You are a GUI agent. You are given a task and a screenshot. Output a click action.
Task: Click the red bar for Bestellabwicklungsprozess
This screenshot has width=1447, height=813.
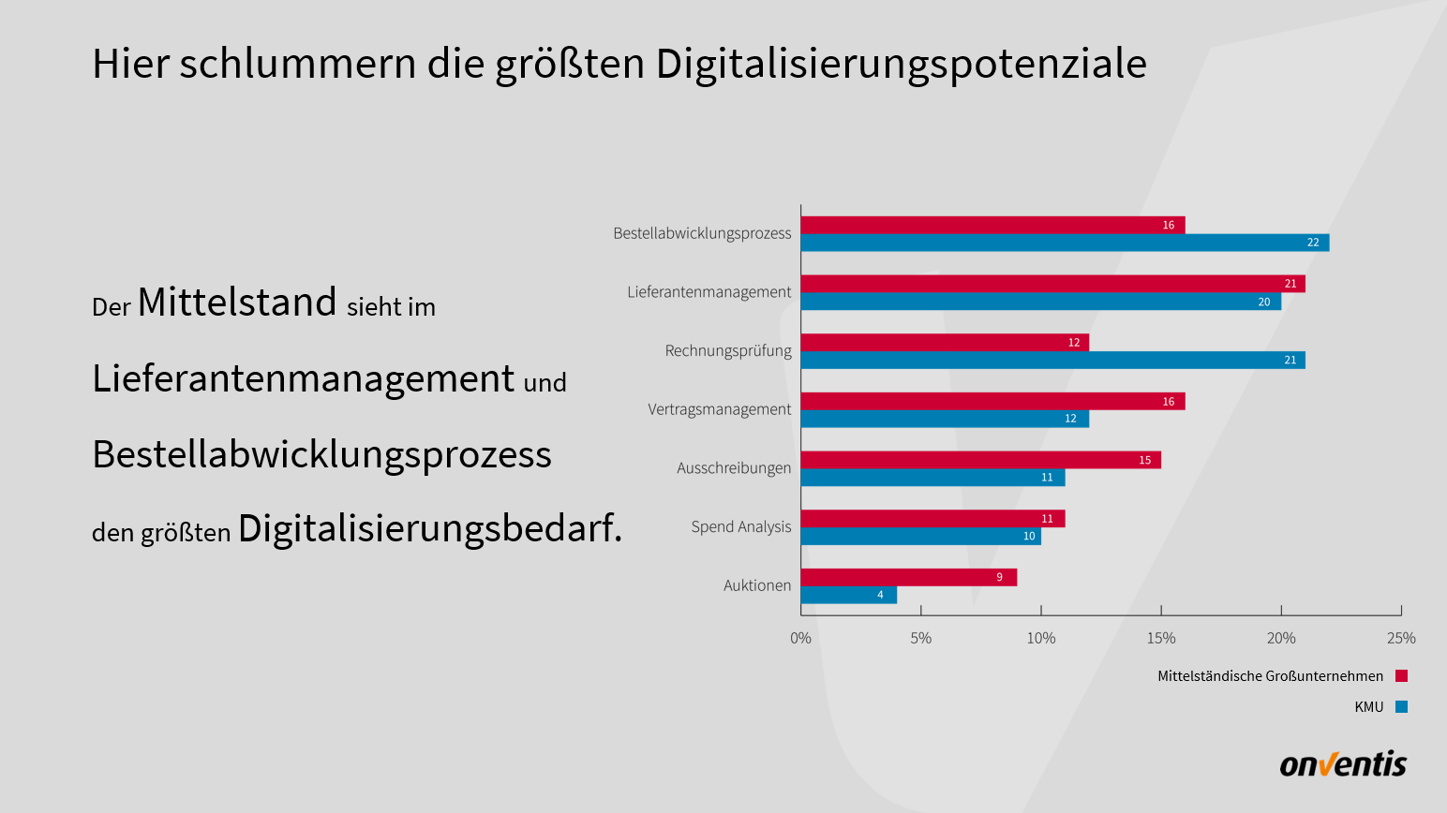[992, 225]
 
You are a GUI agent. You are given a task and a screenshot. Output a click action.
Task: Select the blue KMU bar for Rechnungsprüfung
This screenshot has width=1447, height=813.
[1052, 360]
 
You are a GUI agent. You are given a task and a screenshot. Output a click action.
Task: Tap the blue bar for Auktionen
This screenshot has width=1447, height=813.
[848, 595]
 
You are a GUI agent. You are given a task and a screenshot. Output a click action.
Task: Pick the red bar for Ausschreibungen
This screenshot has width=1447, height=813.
[980, 460]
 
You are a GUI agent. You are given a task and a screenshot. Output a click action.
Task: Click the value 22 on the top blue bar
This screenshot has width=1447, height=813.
[1313, 243]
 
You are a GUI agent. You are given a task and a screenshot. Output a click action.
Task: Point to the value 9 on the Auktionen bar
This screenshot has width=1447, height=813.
[999, 577]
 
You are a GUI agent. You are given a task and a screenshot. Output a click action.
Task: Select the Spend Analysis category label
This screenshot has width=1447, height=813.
[741, 526]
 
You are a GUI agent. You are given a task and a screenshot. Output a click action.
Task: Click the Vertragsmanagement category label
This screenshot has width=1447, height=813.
[719, 409]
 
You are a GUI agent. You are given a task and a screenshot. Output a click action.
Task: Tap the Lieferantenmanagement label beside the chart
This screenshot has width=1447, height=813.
[709, 292]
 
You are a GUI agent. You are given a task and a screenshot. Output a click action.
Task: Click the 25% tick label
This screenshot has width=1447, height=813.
[1401, 638]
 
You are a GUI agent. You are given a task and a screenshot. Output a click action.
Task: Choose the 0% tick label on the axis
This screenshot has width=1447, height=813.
[800, 638]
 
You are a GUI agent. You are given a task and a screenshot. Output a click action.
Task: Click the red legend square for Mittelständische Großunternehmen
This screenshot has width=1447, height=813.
[1401, 676]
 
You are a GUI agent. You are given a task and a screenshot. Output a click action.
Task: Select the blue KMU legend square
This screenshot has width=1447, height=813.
[1401, 707]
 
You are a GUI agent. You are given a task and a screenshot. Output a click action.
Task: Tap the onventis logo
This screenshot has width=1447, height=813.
[1343, 764]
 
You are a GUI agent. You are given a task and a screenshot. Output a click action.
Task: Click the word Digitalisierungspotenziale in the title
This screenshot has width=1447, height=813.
[901, 64]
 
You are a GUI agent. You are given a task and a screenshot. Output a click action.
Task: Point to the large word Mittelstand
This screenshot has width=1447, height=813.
[237, 303]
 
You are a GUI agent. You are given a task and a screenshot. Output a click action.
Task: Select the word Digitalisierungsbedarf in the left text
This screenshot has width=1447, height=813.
[429, 528]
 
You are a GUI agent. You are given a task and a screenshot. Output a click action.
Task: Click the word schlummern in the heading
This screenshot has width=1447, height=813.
[298, 64]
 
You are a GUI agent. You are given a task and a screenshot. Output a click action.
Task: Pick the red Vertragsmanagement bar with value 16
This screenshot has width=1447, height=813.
[992, 401]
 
